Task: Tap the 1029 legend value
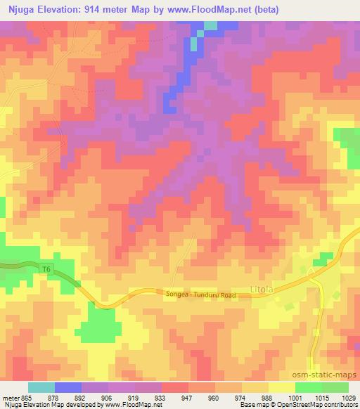349,397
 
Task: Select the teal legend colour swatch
41,387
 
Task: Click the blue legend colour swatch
68,387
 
